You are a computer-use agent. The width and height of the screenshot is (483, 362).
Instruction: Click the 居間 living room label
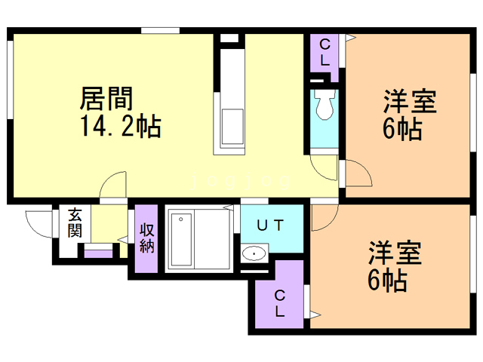pyautogui.click(x=108, y=99)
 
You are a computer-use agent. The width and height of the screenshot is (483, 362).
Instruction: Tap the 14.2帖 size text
pyautogui.click(x=121, y=126)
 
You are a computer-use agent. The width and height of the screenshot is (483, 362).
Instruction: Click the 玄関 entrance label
pyautogui.click(x=75, y=223)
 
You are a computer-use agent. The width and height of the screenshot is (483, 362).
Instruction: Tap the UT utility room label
pyautogui.click(x=270, y=225)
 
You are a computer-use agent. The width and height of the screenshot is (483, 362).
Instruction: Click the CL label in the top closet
pyautogui.click(x=324, y=54)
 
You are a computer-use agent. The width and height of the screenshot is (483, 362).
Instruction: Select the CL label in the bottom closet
pyautogui.click(x=279, y=302)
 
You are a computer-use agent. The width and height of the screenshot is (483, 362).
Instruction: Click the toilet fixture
pyautogui.click(x=325, y=106)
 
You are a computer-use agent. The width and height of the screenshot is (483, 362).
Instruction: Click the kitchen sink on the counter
pyautogui.click(x=232, y=124)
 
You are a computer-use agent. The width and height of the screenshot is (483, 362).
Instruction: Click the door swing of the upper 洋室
pyautogui.click(x=357, y=173)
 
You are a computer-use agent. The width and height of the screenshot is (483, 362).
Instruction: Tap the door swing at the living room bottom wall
pyautogui.click(x=115, y=186)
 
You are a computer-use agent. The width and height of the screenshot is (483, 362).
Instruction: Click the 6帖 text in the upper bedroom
pyautogui.click(x=401, y=128)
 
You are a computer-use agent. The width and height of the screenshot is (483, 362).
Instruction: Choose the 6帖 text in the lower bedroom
pyautogui.click(x=387, y=281)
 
